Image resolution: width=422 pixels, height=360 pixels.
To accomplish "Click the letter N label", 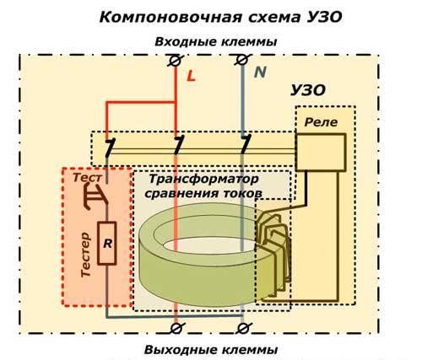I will tap(261, 73).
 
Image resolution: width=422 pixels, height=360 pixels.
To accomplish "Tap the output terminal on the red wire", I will tap(176, 325).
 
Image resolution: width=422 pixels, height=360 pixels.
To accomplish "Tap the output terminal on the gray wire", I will tap(243, 325).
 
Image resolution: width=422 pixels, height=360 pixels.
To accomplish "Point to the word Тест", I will tap(88, 180).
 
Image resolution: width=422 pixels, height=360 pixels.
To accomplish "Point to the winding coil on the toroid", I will tap(274, 249).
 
